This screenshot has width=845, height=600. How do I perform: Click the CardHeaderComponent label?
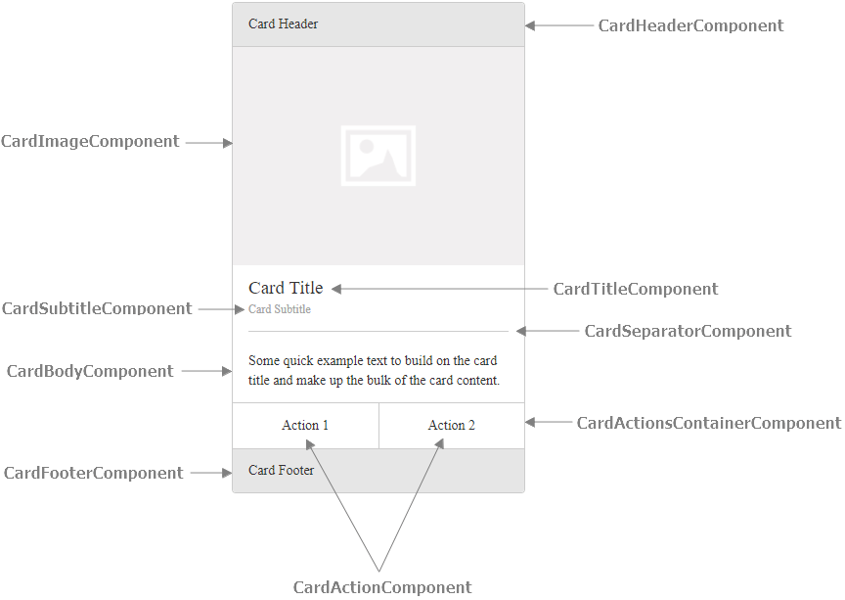tap(690, 26)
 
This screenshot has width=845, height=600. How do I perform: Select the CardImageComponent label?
tap(90, 142)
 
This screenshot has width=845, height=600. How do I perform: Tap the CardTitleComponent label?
tap(636, 290)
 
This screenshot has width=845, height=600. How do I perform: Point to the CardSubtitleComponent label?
tap(97, 309)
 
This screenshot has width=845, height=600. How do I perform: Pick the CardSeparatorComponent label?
tap(688, 332)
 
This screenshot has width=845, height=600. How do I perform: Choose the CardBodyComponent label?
tap(90, 372)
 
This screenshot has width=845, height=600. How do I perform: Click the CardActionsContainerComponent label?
tap(708, 424)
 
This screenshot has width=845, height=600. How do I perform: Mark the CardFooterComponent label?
tap(93, 474)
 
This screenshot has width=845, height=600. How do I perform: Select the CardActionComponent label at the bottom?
tap(382, 588)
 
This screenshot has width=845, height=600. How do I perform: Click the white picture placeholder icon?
tap(378, 156)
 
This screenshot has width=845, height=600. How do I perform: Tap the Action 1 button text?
tap(305, 426)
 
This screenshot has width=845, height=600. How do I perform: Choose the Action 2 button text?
tap(452, 426)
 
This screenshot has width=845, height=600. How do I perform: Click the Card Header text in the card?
tap(283, 24)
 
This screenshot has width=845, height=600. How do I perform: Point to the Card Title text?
tap(286, 289)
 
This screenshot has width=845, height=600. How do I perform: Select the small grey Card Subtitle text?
tap(280, 309)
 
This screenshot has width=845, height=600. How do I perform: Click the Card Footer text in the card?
tap(282, 471)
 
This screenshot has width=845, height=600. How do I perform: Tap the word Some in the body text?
tap(264, 361)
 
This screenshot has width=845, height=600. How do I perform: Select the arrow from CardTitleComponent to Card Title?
tap(440, 289)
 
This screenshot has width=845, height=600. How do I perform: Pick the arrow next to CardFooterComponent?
tap(210, 473)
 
